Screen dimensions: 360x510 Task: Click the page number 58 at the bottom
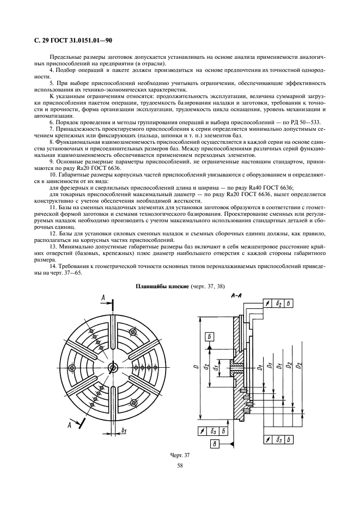point(180,465)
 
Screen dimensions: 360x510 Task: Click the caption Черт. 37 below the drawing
point(180,456)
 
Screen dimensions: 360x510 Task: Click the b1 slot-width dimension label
point(124,430)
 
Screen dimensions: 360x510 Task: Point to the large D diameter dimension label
point(196,367)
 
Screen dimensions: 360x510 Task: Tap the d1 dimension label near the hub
point(215,368)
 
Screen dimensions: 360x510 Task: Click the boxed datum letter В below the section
point(215,444)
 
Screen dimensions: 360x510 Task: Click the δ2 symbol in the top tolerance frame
point(279,303)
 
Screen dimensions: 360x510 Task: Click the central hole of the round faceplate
point(113,367)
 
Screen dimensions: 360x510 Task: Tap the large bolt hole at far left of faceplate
point(72,367)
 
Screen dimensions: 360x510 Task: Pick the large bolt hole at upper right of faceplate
point(133,332)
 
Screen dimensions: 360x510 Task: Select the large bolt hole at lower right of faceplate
point(133,403)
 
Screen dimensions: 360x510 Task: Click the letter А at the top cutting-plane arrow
point(103,297)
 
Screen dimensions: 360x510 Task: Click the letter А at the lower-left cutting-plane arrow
point(69,425)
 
